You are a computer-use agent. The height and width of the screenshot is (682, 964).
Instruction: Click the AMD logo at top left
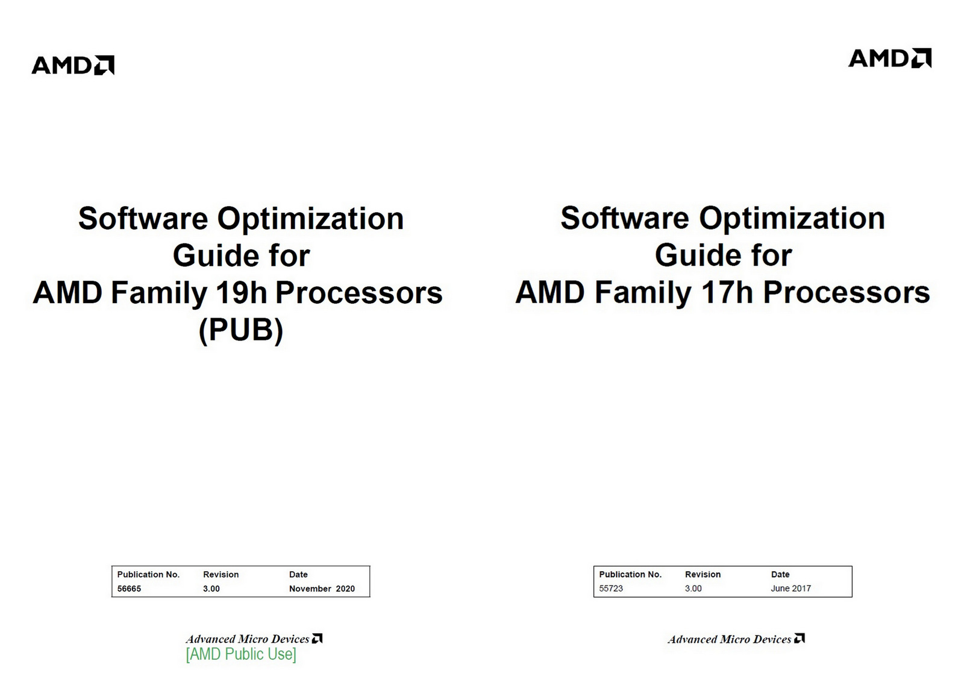pyautogui.click(x=73, y=65)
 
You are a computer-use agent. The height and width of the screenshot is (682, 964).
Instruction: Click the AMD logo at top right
pyautogui.click(x=889, y=58)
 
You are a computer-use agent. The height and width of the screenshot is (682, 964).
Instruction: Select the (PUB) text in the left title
pyautogui.click(x=241, y=330)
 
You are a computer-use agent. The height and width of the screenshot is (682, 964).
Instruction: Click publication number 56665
pyautogui.click(x=129, y=589)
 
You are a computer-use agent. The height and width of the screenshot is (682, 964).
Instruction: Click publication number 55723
pyautogui.click(x=611, y=589)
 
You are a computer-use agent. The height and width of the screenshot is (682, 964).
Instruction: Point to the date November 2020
pyautogui.click(x=322, y=589)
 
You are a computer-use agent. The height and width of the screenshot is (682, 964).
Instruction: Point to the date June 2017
pyautogui.click(x=790, y=589)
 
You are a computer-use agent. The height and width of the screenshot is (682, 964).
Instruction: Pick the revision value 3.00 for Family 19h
pyautogui.click(x=211, y=589)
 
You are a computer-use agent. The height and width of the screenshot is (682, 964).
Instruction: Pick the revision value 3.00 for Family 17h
pyautogui.click(x=693, y=589)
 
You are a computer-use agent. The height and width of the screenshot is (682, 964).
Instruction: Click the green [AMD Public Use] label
pyautogui.click(x=241, y=654)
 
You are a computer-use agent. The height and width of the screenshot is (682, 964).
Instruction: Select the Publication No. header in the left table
pyautogui.click(x=148, y=575)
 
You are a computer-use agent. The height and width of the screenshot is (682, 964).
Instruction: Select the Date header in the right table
pyautogui.click(x=780, y=575)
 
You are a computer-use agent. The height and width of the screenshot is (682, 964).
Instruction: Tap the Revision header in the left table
pyautogui.click(x=221, y=575)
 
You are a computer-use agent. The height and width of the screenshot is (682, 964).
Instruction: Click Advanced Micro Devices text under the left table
pyautogui.click(x=248, y=639)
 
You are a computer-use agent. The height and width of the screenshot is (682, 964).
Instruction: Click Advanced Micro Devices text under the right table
pyautogui.click(x=730, y=639)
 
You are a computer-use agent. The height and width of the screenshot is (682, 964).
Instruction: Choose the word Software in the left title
pyautogui.click(x=143, y=219)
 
